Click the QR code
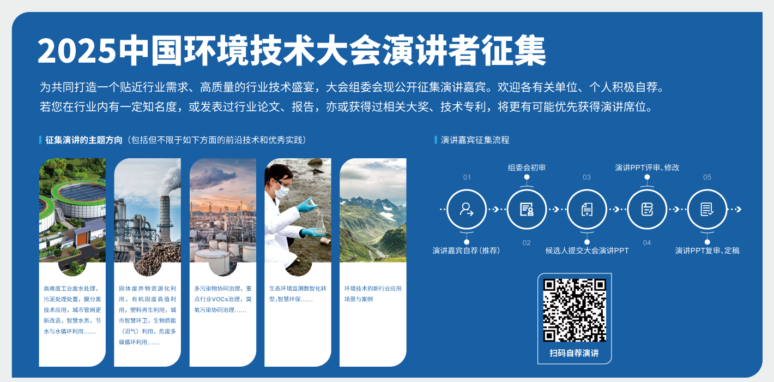[575, 310]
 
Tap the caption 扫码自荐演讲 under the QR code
[575, 353]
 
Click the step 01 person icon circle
[467, 210]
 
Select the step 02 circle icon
[527, 210]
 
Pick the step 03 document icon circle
[586, 210]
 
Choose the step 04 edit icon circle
[647, 210]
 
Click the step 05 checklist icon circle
[707, 210]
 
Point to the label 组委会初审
[527, 168]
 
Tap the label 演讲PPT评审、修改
[647, 168]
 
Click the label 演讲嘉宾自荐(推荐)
[466, 250]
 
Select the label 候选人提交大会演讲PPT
[586, 250]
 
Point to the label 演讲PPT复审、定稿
[708, 250]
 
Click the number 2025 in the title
[77, 51]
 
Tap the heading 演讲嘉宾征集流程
[475, 140]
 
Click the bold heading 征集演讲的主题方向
[84, 140]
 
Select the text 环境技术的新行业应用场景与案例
[373, 294]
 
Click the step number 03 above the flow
[586, 177]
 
